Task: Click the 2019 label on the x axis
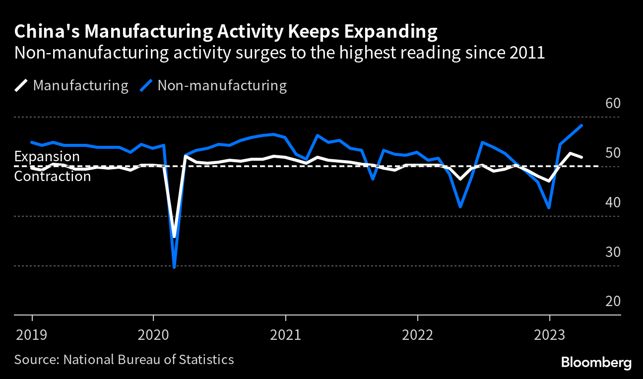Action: [32, 335]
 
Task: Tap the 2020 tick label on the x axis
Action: [153, 335]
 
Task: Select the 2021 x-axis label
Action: [286, 335]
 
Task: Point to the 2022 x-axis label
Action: [418, 335]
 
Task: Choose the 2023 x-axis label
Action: [550, 335]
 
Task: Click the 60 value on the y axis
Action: [613, 104]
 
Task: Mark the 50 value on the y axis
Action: [613, 153]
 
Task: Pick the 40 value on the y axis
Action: [613, 203]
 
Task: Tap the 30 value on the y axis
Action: [613, 252]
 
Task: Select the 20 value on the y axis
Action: [613, 302]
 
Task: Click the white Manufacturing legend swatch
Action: [21, 86]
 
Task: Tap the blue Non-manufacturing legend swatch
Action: [146, 86]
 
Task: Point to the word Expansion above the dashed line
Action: [47, 157]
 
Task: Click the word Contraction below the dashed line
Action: [53, 176]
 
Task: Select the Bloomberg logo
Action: [596, 363]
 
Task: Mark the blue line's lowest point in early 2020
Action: [174, 267]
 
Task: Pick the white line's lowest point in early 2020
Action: [174, 237]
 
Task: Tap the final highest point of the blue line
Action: [581, 126]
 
